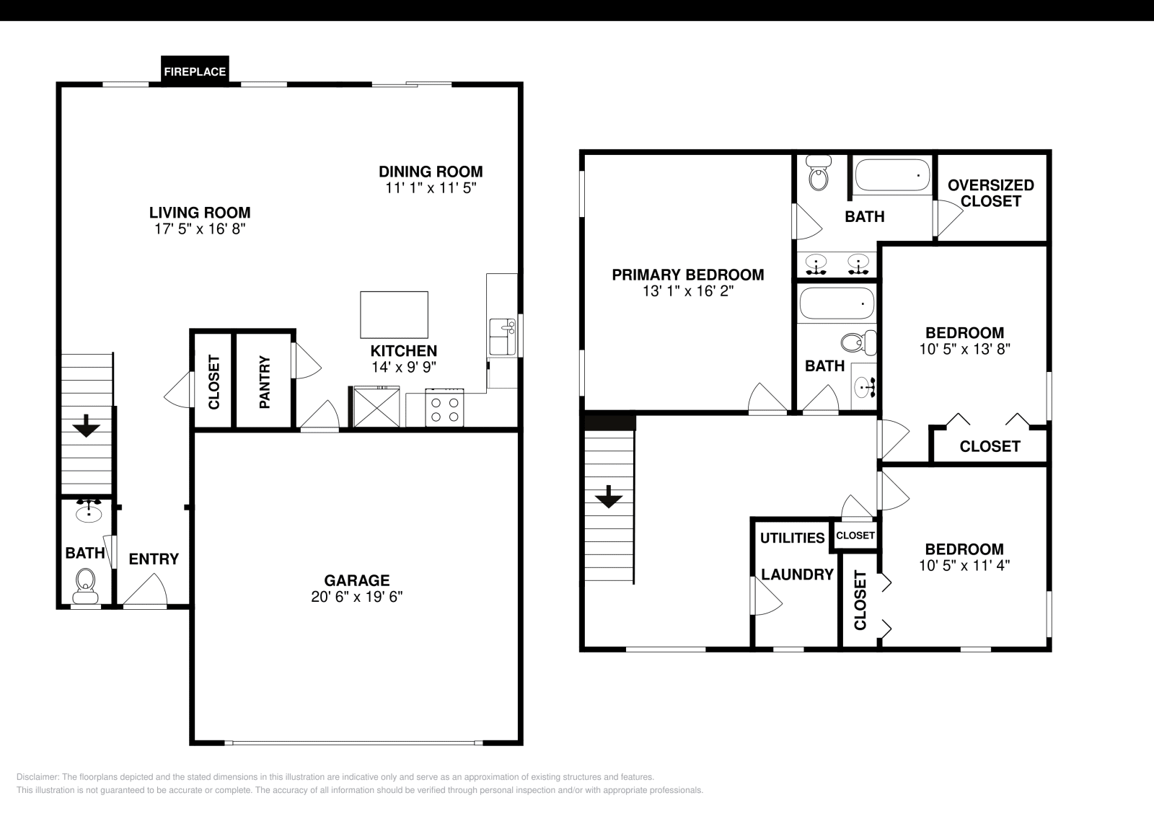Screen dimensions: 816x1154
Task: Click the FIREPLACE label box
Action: [x=195, y=71]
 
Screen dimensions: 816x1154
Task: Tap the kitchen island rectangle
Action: [x=394, y=314]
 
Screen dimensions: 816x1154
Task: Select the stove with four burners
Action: [x=444, y=409]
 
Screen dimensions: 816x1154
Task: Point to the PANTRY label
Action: [x=264, y=382]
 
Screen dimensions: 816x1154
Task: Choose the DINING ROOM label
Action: [x=431, y=172]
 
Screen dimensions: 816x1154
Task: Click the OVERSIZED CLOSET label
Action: [x=990, y=193]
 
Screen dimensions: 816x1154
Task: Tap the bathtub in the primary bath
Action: [x=892, y=175]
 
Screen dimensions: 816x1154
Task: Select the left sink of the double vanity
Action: [x=816, y=263]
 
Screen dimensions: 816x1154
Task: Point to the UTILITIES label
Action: [x=792, y=538]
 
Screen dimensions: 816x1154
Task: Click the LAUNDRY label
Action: [x=797, y=575]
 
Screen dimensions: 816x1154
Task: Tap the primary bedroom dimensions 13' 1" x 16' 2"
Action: [x=687, y=291]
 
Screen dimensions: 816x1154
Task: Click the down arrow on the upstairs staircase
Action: [x=609, y=497]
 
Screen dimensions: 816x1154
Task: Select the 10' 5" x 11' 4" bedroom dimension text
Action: [x=964, y=566]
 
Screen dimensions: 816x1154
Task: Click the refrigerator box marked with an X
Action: [x=376, y=407]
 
